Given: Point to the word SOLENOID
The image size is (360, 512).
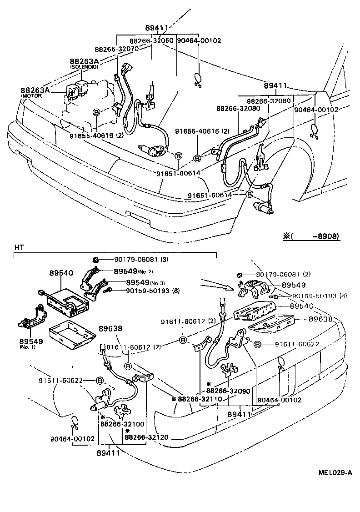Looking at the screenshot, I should click(84, 67).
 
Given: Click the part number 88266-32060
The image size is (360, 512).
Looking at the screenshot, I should click(269, 101).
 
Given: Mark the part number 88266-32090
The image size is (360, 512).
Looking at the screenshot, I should click(228, 391).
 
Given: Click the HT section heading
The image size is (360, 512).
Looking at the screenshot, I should click(19, 247).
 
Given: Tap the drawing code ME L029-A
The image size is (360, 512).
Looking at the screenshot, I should click(335, 472).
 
